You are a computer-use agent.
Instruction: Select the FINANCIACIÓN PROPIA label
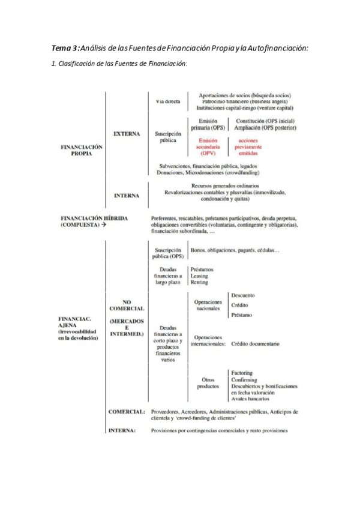point(82,149)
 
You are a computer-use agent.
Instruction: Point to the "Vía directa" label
point(168,101)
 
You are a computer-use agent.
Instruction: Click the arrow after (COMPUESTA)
point(104,224)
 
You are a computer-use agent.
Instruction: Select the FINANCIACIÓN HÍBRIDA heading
point(94,218)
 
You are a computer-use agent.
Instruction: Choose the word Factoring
point(242,373)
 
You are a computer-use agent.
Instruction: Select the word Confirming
point(244,379)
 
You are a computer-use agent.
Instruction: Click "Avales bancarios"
point(250,399)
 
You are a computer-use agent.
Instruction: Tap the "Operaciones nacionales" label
point(209,305)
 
